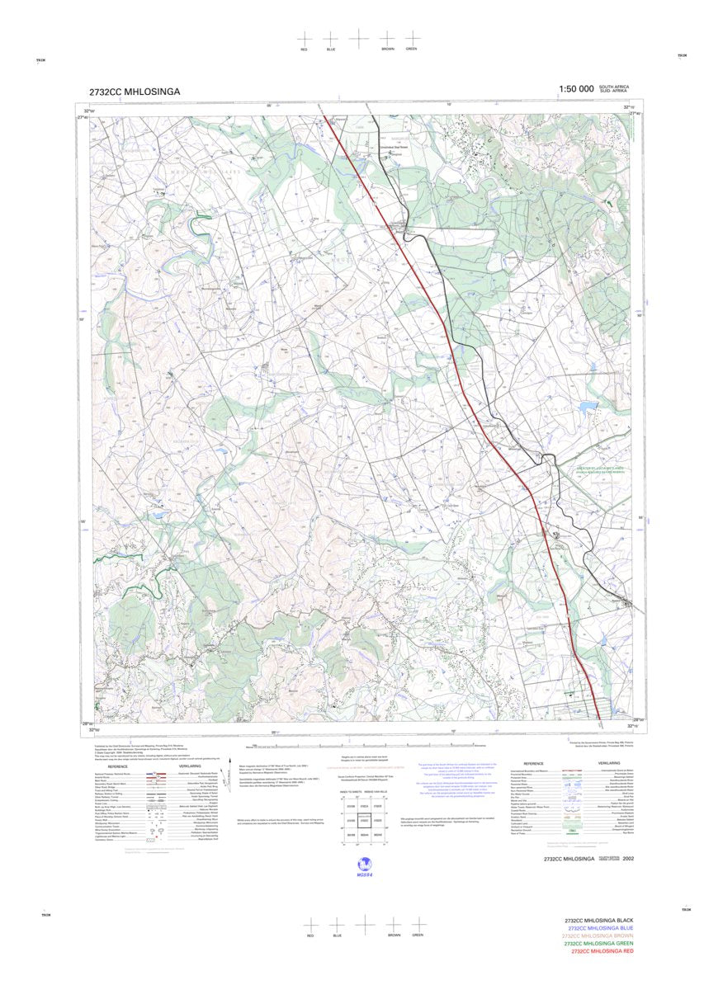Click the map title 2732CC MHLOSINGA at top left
135,92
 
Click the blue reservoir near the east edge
587,406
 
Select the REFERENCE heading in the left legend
117,766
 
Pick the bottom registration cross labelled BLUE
337,925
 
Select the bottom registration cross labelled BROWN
393,925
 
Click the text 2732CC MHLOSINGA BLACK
598,920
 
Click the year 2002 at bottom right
630,859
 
